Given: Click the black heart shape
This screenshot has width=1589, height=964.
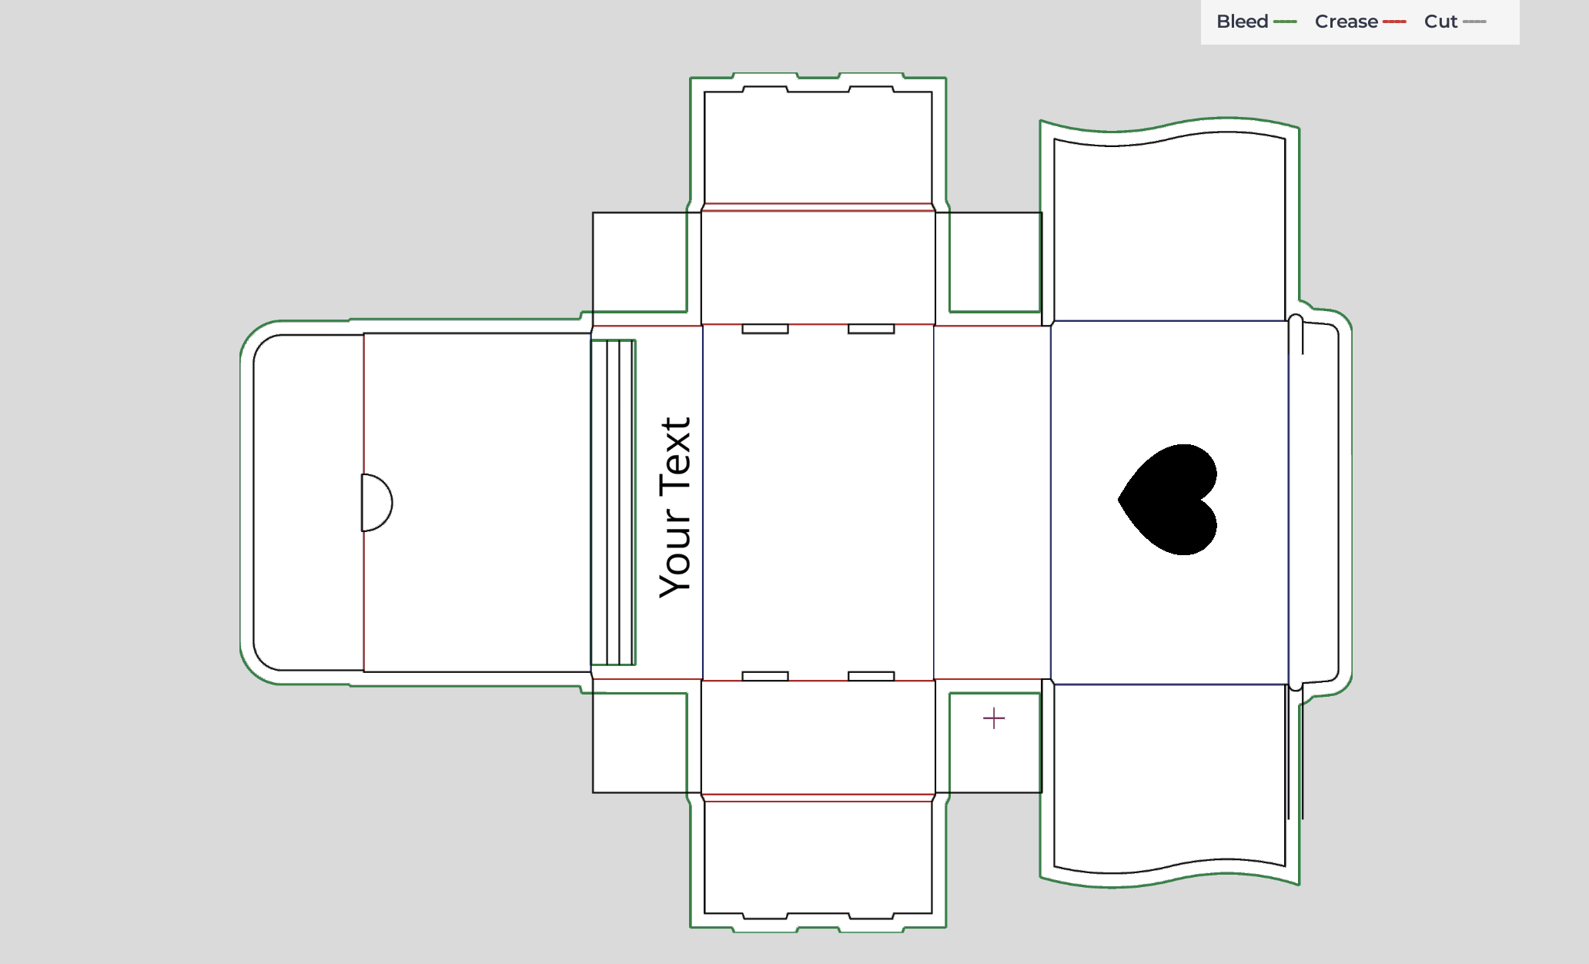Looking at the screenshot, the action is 1169,500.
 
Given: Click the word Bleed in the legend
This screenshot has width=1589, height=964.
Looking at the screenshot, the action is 1242,22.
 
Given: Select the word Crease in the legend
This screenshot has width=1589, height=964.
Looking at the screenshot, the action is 1346,22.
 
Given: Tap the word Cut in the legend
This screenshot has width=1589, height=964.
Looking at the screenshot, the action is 1440,22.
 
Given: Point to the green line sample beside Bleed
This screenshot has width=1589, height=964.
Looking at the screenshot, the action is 1285,22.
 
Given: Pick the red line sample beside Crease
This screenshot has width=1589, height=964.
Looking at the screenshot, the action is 1394,22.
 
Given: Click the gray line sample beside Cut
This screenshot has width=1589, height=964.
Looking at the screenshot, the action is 1474,22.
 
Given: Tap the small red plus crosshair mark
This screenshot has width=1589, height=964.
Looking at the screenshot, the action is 994,718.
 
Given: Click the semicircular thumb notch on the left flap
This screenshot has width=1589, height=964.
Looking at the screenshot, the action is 376,503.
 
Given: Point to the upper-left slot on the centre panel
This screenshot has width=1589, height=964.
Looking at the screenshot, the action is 765,329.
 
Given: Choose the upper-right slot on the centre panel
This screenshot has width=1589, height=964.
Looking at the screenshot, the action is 871,329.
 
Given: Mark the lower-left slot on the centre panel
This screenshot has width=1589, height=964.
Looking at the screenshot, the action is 765,676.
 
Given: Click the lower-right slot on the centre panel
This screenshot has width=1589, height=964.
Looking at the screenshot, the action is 871,676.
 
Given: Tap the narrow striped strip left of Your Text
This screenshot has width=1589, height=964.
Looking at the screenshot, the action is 613,502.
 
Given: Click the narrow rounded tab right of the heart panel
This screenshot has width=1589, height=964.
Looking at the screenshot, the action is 1314,502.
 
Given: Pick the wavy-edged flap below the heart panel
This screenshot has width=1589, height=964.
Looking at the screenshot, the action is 1169,778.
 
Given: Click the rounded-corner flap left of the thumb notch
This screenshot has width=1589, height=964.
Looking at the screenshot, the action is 308,502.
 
